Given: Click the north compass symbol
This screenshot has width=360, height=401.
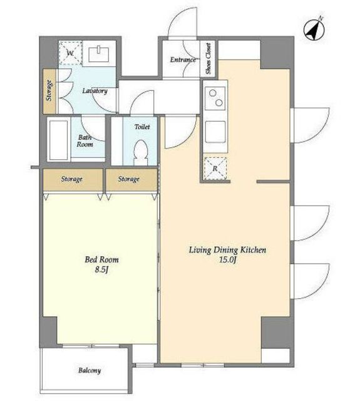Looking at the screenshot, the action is [314, 29].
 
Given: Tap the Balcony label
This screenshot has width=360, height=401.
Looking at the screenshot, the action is [90, 370].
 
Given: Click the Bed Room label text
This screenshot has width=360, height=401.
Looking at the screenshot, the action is [101, 259].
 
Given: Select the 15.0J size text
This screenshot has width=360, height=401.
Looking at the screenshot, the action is [227, 260].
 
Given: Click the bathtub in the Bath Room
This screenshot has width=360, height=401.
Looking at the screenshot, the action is [58, 139].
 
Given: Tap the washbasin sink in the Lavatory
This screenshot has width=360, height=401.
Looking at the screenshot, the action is [99, 55].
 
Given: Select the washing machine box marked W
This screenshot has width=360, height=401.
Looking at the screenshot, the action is [70, 53].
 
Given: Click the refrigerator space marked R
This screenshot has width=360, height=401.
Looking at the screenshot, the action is [215, 168].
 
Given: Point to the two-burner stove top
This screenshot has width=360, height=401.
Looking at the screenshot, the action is [215, 98].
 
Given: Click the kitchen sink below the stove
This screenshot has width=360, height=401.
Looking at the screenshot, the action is [215, 132].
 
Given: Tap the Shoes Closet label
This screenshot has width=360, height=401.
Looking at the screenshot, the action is [208, 58].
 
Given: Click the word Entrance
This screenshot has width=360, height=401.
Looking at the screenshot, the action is [183, 60].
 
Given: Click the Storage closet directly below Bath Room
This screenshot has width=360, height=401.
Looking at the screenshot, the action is [73, 179].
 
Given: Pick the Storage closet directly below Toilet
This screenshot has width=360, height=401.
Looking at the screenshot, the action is [131, 179].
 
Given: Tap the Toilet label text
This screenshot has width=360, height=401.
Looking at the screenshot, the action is [142, 127].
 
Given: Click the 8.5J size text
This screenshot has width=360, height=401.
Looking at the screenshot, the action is [101, 269].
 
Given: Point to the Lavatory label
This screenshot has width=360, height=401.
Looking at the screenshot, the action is [95, 91].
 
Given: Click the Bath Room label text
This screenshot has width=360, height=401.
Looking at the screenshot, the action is [85, 141].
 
